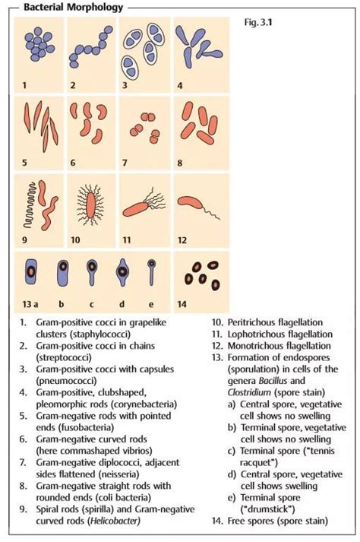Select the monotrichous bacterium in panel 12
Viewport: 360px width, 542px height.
click(195, 203)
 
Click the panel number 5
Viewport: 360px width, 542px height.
click(24, 162)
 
